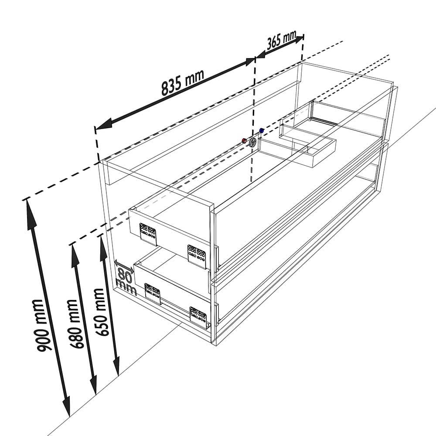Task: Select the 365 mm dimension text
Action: coord(281,40)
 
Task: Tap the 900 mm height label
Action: coord(41,325)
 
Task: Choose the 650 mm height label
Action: coord(100,312)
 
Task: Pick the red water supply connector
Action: coord(244,140)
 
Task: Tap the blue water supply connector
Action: coord(261,130)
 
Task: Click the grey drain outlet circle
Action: coord(253,143)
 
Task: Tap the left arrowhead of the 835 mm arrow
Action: coord(103,124)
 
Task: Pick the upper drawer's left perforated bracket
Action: coord(148,233)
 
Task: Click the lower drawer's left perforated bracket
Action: coord(153,293)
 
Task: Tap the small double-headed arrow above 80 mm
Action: coord(124,266)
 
